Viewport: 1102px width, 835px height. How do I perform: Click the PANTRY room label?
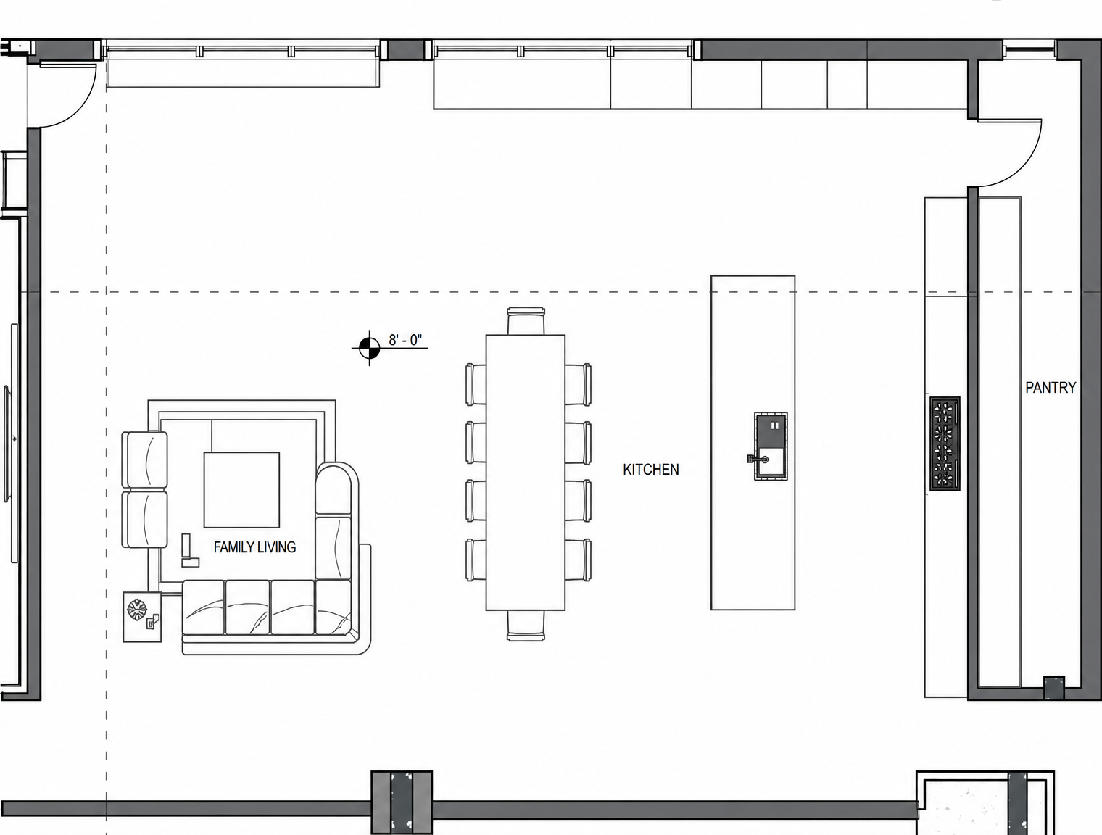pos(1051,388)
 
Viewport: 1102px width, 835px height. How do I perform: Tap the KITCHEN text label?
pos(650,470)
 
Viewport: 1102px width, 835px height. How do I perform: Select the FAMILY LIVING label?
pos(254,547)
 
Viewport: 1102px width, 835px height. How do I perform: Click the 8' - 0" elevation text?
pos(405,340)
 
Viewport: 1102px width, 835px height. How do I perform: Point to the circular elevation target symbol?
pos(370,347)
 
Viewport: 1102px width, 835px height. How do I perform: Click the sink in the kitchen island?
pos(770,446)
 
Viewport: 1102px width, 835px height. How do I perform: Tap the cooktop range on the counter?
pos(945,444)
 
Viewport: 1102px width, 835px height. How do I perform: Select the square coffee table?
pos(241,490)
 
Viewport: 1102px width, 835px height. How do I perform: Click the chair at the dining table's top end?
pos(526,320)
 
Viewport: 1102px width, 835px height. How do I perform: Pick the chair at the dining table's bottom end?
pos(526,626)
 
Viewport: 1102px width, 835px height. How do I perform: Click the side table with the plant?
pos(143,617)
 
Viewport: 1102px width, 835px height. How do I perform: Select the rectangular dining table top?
pos(526,473)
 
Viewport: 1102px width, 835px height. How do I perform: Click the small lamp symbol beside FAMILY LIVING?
pos(189,550)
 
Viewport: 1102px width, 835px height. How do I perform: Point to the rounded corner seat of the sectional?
pos(337,489)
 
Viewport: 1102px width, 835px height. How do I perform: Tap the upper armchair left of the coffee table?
pos(145,460)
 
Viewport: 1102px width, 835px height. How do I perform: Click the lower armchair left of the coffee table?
pos(145,520)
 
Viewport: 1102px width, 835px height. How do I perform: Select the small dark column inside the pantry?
pos(1054,687)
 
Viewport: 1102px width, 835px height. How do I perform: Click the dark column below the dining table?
pos(402,802)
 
